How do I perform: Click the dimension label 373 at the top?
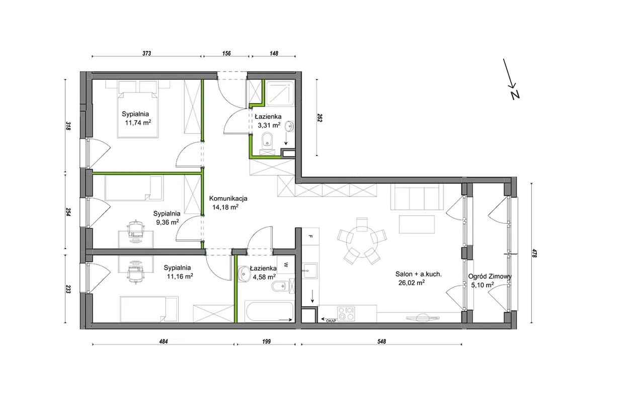(x=146, y=53)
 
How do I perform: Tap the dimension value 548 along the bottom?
(x=381, y=341)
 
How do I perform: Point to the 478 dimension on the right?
(x=534, y=254)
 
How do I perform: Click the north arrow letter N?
(x=515, y=95)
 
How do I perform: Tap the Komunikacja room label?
(x=228, y=198)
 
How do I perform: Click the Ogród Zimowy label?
(x=490, y=277)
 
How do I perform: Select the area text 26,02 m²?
(x=412, y=283)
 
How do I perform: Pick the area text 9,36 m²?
(x=168, y=222)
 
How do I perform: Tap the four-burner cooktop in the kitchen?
(x=346, y=313)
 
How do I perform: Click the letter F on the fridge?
(x=310, y=236)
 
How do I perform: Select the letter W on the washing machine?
(x=286, y=265)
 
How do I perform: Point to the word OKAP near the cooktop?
(x=331, y=321)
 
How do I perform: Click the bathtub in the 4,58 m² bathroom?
(x=269, y=311)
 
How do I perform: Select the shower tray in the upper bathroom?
(x=280, y=94)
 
